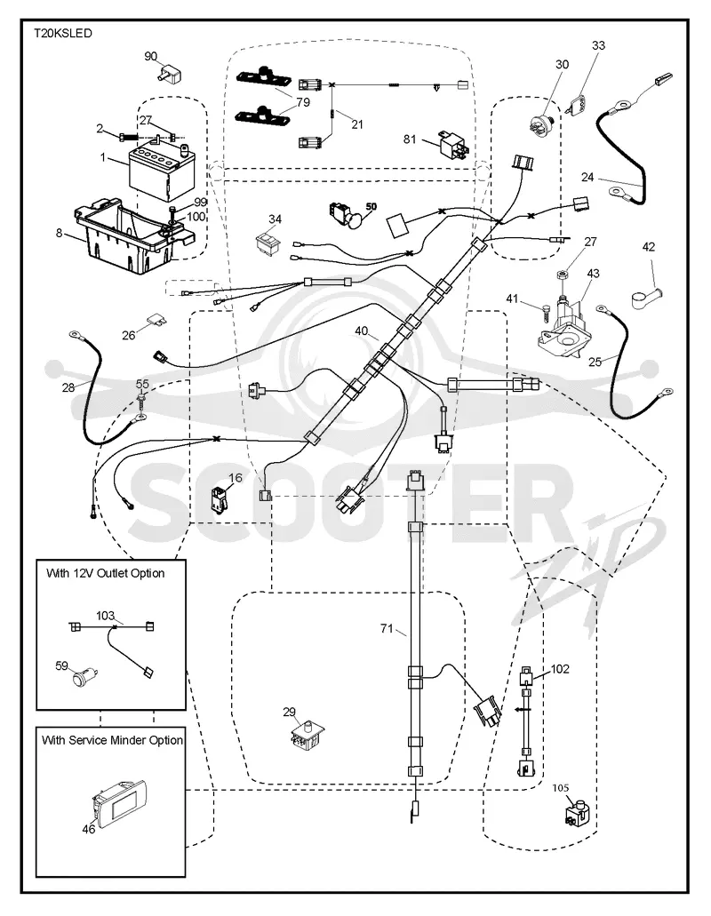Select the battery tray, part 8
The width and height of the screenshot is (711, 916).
tap(132, 236)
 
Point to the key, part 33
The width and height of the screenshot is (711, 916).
tap(579, 105)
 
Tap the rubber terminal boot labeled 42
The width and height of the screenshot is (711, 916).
tap(647, 294)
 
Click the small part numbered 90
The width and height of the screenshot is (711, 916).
tap(169, 75)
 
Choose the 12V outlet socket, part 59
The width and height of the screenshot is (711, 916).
tap(84, 677)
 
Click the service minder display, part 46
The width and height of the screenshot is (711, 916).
tap(121, 801)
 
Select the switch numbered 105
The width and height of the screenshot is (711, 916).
tap(576, 814)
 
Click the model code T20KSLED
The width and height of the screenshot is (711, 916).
tap(62, 33)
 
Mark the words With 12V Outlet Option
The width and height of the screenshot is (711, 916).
tap(105, 573)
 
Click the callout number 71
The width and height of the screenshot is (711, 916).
tap(387, 628)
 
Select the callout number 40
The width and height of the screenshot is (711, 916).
tap(362, 331)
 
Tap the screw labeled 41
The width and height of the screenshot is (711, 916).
tap(544, 307)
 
